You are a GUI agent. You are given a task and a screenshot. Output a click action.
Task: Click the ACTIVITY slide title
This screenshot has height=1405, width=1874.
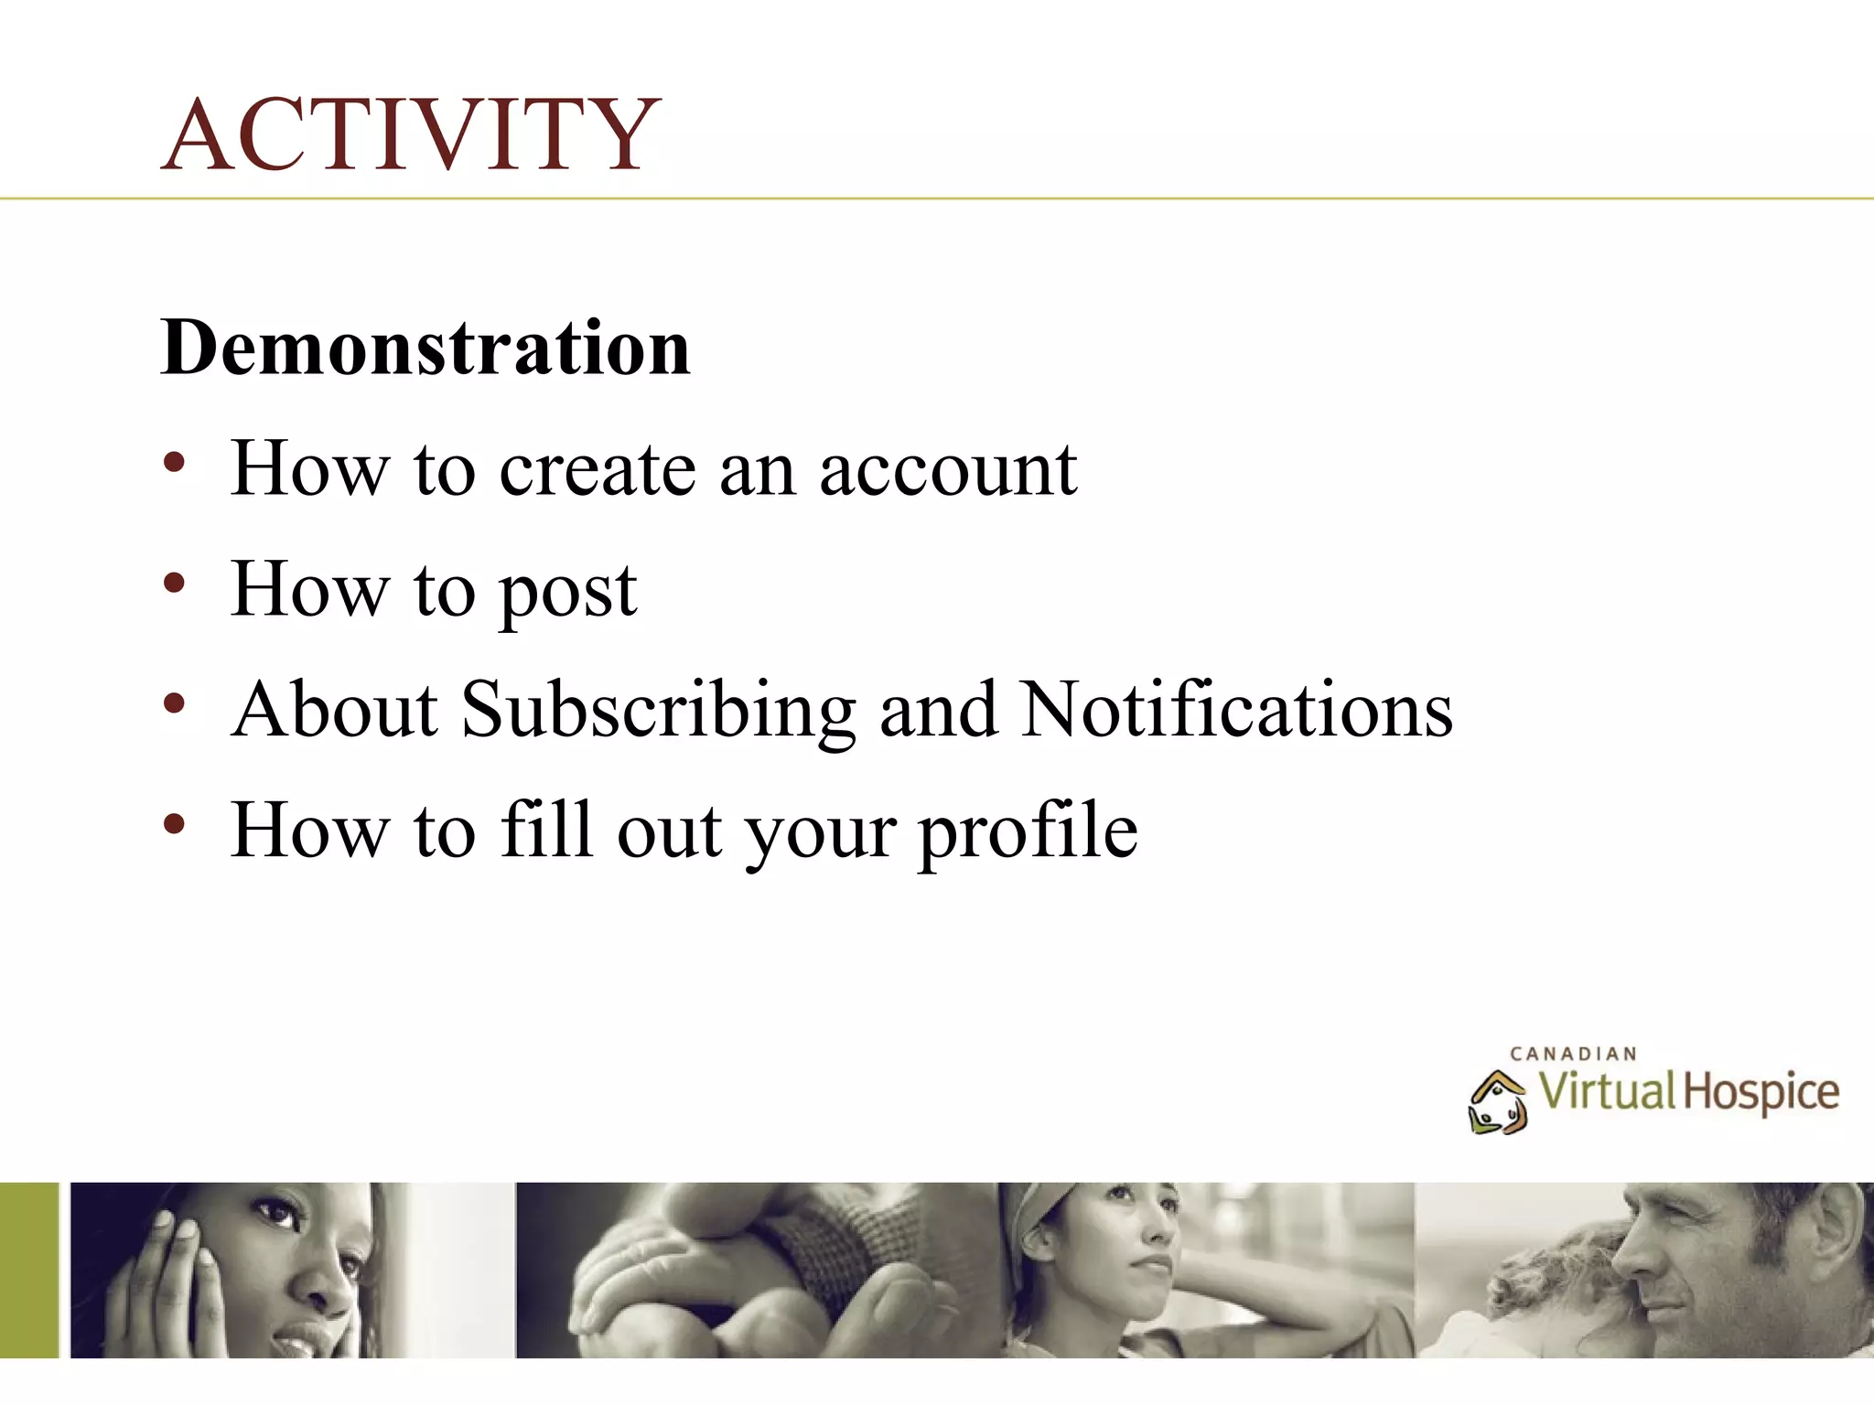coord(411,134)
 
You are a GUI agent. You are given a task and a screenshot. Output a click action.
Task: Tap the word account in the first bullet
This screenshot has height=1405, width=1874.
coord(948,469)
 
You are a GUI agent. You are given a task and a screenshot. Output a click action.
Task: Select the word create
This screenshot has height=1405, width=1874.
coord(598,469)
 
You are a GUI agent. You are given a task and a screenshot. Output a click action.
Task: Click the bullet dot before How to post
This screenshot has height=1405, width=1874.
coord(174,583)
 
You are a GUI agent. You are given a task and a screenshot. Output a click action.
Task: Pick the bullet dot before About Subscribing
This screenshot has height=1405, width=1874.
coord(174,703)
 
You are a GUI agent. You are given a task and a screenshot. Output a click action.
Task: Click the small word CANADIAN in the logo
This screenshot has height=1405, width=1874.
coord(1573,1054)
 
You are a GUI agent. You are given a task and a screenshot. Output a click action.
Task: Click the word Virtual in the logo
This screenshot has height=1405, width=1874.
coord(1606,1091)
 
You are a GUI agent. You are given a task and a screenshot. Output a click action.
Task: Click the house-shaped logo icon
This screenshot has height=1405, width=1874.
coord(1497,1102)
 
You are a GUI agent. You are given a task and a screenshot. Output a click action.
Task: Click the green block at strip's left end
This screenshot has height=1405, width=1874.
coord(28,1270)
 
